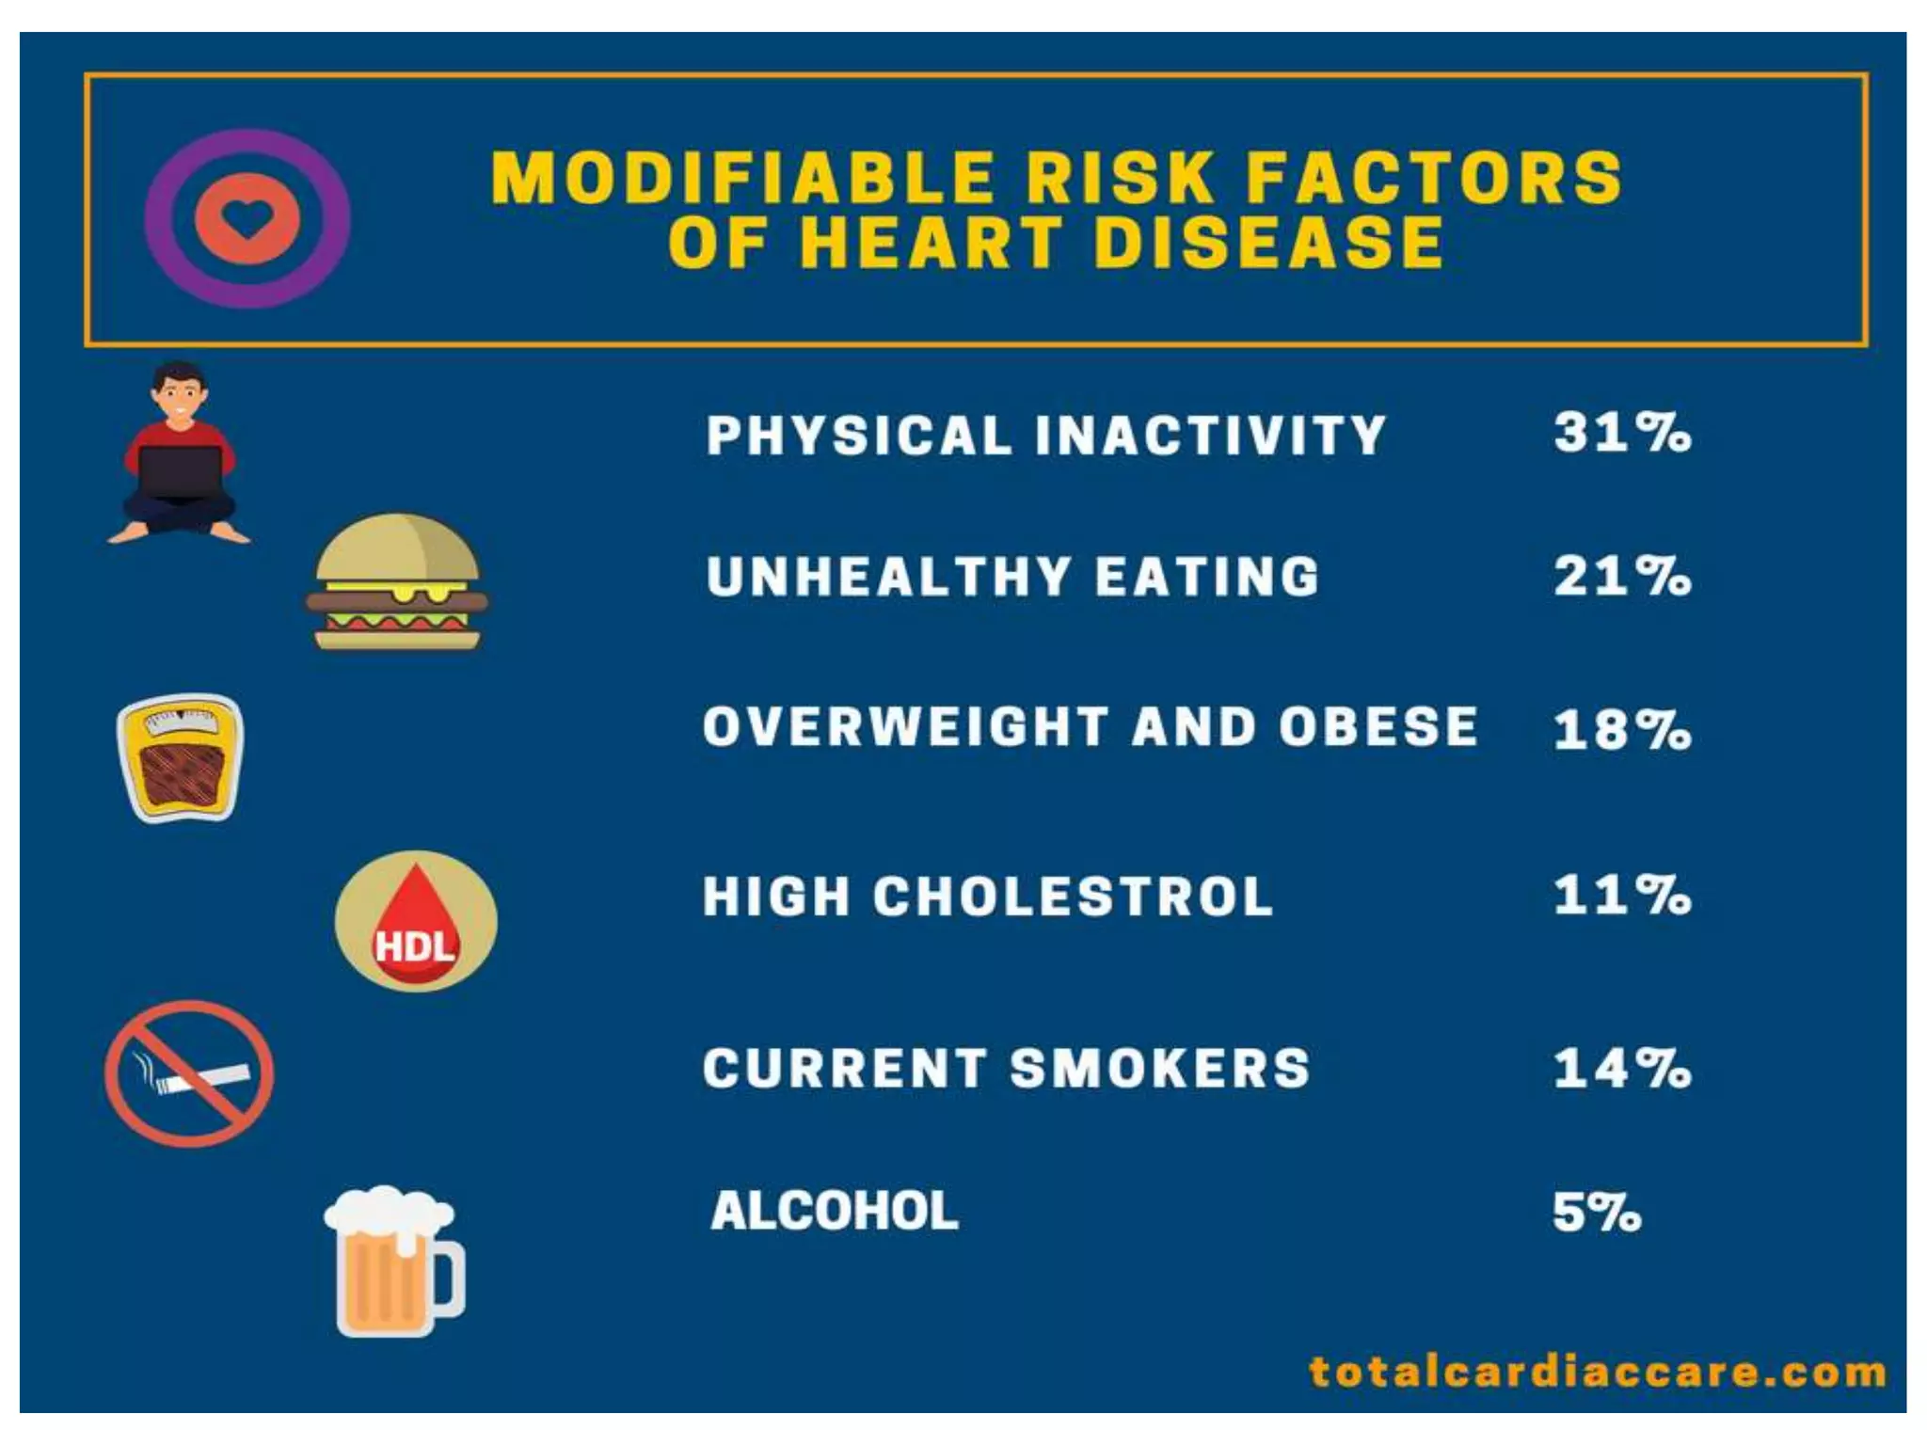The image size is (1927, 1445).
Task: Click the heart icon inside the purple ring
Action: tap(247, 218)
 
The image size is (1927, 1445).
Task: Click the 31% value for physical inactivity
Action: tap(1621, 433)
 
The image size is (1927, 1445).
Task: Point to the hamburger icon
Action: tap(396, 582)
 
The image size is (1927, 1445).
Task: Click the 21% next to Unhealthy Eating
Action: tap(1621, 576)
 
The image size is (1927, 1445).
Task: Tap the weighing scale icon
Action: tap(180, 757)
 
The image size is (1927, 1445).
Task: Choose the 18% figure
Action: tap(1621, 730)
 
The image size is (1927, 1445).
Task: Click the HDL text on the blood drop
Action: tap(415, 945)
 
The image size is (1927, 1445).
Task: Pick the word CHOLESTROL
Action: tap(1073, 896)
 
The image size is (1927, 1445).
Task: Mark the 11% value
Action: tap(1621, 895)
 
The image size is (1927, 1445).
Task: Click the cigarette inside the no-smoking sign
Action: tap(202, 1078)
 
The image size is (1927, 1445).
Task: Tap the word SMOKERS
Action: tap(1159, 1069)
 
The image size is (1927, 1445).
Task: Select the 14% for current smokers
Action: tap(1621, 1069)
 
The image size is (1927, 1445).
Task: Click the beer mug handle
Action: tap(448, 1278)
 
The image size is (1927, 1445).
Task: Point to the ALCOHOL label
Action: tap(834, 1211)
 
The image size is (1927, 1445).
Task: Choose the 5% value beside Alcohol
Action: tap(1596, 1212)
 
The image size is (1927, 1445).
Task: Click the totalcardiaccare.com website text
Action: tap(1597, 1372)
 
